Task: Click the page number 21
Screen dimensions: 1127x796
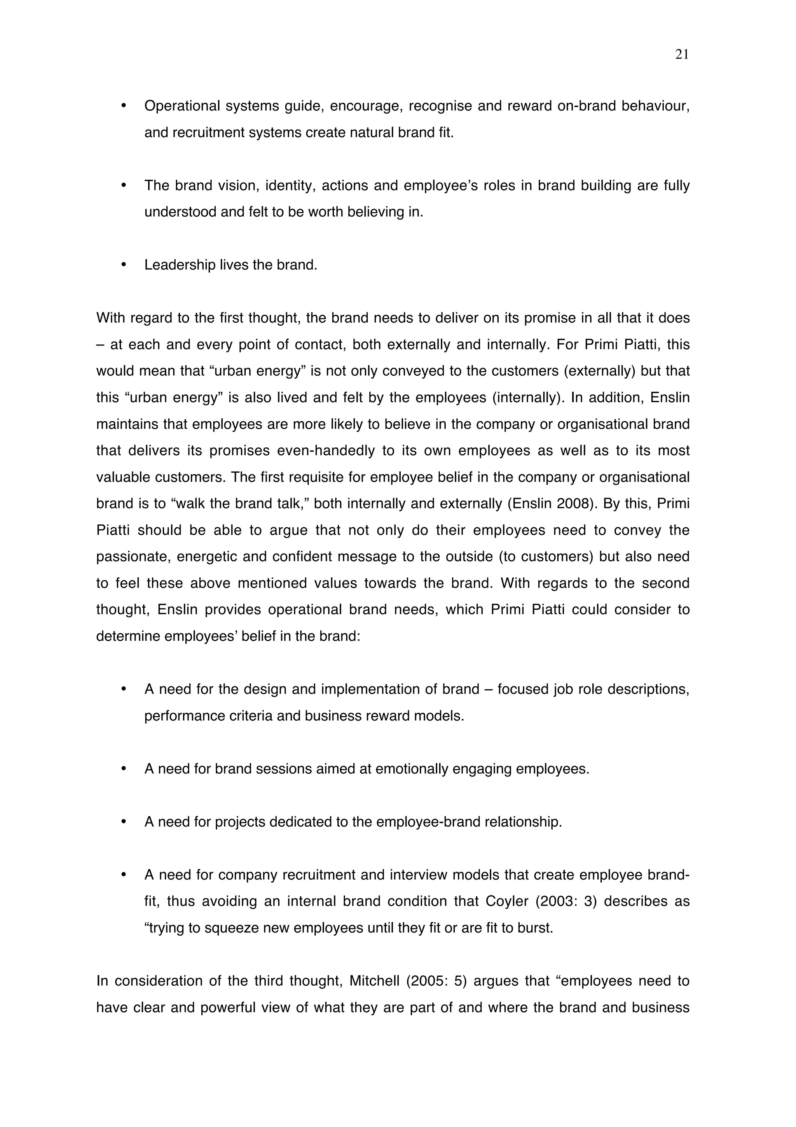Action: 681,54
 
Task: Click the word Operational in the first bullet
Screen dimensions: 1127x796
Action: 182,106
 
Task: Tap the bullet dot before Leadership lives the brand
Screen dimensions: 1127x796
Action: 124,265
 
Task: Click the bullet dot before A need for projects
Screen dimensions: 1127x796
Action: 124,822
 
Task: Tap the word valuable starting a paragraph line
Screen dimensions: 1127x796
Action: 124,477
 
